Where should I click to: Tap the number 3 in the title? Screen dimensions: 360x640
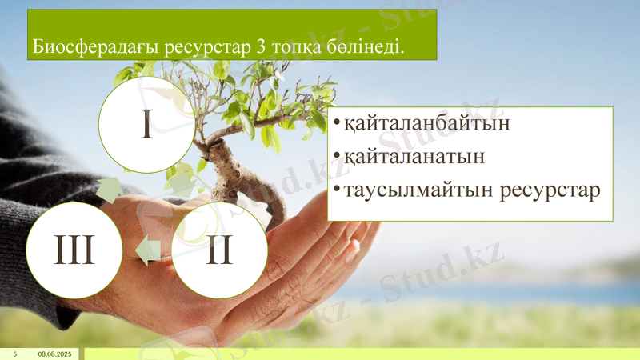(x=257, y=47)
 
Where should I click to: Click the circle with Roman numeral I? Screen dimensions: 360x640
(x=146, y=125)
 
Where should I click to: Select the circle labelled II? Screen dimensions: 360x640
(x=218, y=250)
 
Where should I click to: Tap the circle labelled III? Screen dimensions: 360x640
(x=74, y=250)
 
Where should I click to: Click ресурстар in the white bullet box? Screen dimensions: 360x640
(x=551, y=191)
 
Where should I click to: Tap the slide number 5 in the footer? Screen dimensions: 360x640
(x=14, y=354)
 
